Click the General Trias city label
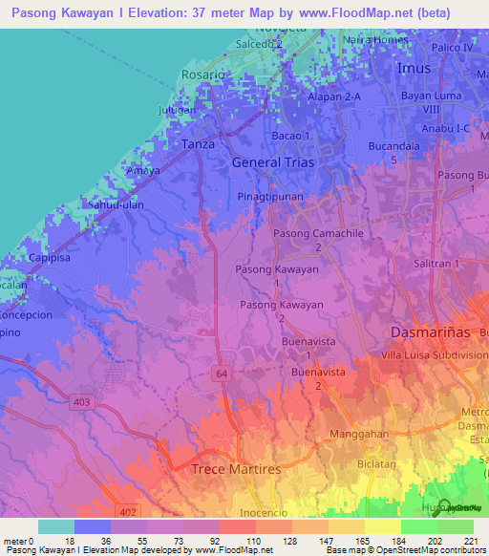pyautogui.click(x=270, y=162)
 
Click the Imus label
pyautogui.click(x=414, y=69)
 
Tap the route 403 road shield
pyautogui.click(x=81, y=402)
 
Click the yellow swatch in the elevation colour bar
pyautogui.click(x=382, y=526)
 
